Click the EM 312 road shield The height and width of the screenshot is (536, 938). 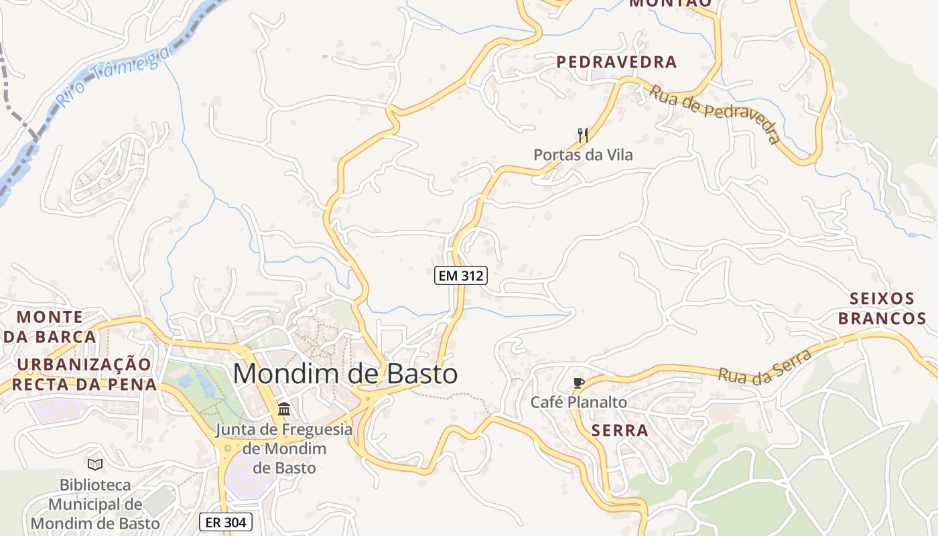pos(460,275)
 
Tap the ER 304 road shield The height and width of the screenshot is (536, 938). pos(225,522)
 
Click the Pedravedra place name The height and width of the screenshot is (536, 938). pos(616,62)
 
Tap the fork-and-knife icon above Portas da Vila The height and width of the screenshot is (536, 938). pos(583,135)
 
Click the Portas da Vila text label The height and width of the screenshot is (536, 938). pos(583,155)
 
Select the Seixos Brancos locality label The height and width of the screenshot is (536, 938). pos(882,308)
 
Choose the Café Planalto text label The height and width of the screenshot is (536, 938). pos(579,402)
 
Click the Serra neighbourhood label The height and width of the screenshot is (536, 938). pos(620,431)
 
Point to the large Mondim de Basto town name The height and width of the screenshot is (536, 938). pos(345,374)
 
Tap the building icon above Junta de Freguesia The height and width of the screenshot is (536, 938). pos(284,409)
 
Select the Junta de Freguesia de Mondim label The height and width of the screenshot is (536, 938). pos(284,448)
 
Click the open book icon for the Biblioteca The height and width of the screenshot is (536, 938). pos(95,464)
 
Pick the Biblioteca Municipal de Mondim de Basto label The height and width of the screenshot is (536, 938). pos(95,503)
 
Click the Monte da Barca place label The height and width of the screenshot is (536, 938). pos(50,326)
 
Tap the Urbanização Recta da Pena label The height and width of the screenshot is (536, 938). pos(84,375)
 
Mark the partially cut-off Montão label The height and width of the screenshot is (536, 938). pos(670,3)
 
